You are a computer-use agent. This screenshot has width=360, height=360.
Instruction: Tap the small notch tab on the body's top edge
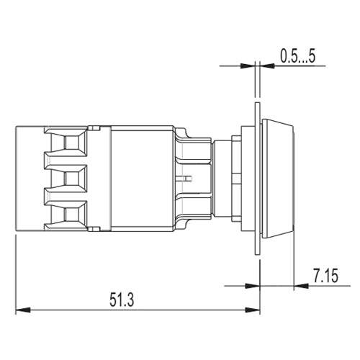coord(93,127)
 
